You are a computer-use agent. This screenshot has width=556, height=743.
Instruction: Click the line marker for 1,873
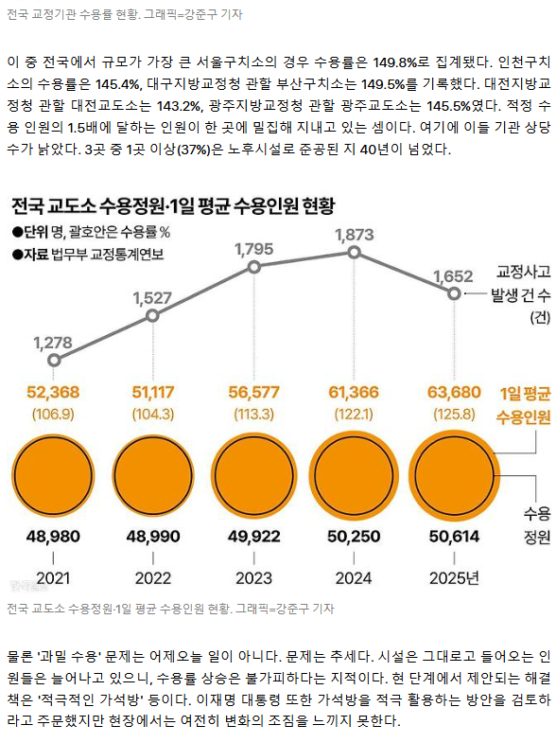(354, 253)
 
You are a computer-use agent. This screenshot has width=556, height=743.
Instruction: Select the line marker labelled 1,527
(152, 315)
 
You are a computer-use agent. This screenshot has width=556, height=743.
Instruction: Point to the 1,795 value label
(254, 249)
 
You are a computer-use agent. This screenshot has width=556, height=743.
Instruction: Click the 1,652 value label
(453, 276)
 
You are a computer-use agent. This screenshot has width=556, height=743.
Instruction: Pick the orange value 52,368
(53, 393)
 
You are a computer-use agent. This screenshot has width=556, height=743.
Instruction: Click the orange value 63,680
(454, 393)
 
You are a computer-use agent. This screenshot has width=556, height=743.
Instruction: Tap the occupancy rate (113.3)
(254, 415)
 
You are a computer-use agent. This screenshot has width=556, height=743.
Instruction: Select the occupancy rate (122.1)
(354, 415)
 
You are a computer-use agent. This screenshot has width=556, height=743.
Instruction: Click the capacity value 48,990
(153, 537)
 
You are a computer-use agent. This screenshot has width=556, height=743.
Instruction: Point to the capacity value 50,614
(454, 537)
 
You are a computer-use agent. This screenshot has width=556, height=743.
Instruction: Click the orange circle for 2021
(53, 475)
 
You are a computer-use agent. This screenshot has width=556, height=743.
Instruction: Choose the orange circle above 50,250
(354, 475)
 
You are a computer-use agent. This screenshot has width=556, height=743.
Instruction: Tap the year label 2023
(254, 578)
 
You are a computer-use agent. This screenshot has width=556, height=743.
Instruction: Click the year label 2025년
(454, 578)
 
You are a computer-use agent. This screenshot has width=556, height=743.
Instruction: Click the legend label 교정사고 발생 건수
(521, 283)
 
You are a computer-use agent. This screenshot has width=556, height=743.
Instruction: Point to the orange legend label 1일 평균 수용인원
(524, 406)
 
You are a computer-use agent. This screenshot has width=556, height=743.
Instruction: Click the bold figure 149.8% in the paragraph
(393, 62)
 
